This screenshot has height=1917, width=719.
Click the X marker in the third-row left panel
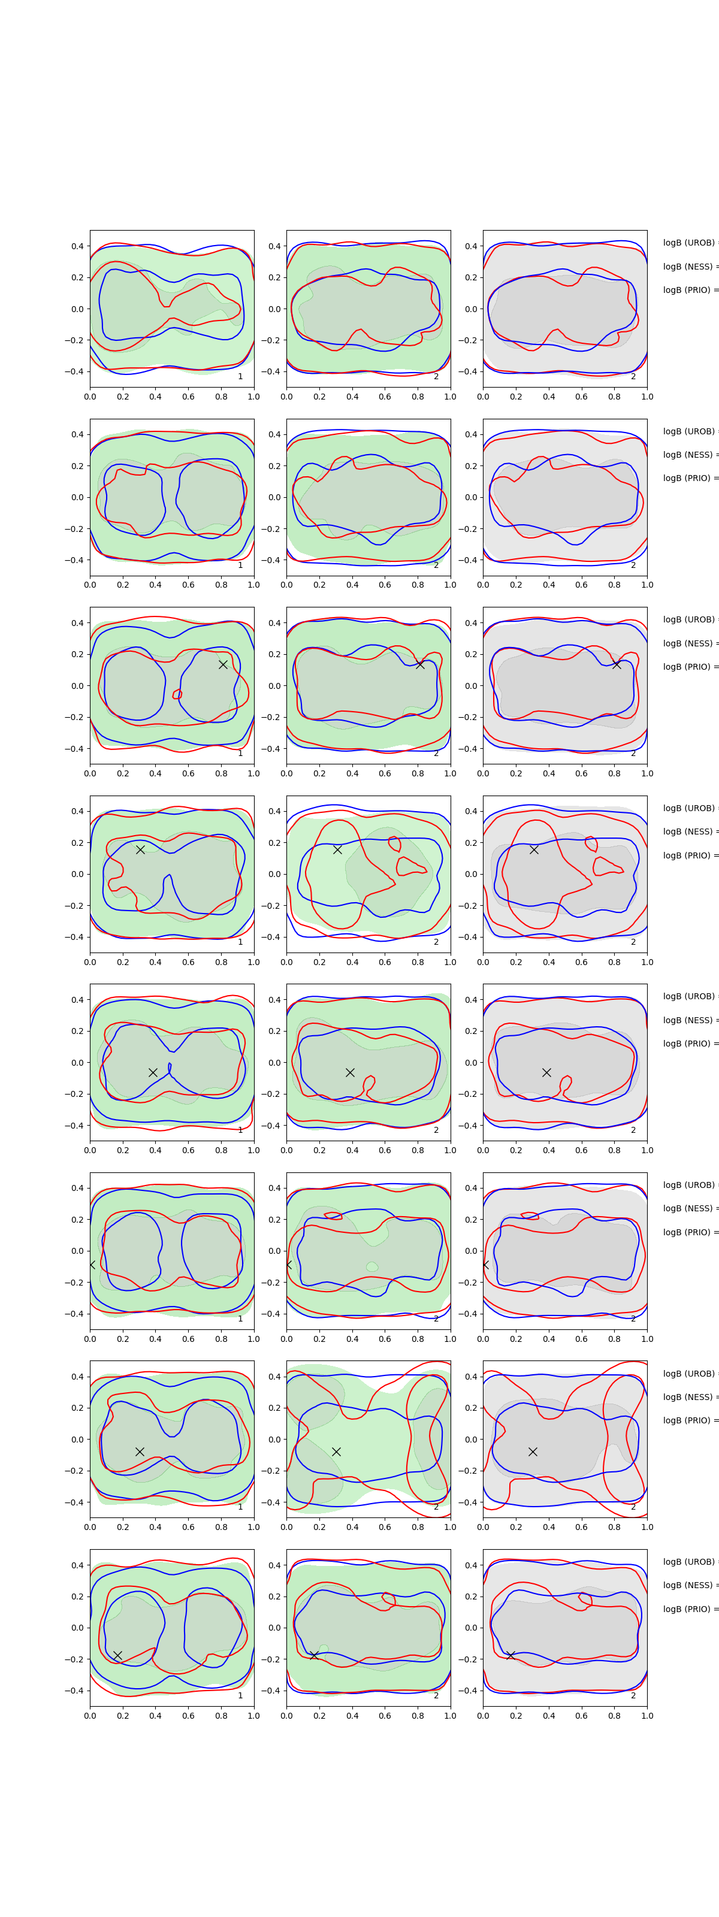pos(222,664)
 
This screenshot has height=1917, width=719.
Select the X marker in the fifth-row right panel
pos(546,1072)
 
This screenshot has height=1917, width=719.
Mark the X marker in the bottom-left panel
pos(117,1655)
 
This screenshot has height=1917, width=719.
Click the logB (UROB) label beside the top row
pos(689,243)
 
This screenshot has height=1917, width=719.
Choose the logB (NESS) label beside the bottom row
pos(689,1585)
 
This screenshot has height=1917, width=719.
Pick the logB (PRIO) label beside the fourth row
pos(689,855)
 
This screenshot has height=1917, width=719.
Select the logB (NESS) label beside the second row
pos(689,455)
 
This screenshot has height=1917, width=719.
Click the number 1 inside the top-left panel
pos(240,377)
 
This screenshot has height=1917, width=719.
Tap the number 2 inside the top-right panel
pos(633,377)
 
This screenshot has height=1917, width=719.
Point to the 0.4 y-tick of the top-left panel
pos(77,246)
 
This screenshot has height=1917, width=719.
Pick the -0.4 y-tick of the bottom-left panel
pos(74,1691)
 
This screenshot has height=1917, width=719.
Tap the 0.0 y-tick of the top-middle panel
pos(274,309)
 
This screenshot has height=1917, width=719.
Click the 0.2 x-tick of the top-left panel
pos(123,397)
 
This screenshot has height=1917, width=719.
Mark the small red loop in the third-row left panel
pos(177,694)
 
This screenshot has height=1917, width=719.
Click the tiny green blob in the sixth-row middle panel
pos(371,1266)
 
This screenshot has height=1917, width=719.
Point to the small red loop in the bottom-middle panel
pos(388,1598)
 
